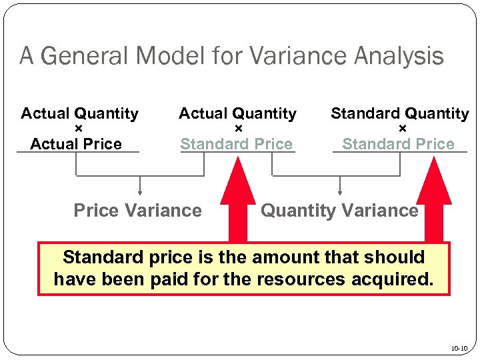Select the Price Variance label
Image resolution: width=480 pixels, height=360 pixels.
click(x=137, y=211)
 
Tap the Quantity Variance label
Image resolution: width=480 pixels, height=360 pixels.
click(x=339, y=211)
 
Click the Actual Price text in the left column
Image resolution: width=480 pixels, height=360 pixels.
click(x=76, y=144)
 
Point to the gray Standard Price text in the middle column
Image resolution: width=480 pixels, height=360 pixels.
click(x=237, y=144)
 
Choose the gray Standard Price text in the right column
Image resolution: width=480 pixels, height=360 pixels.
click(x=398, y=144)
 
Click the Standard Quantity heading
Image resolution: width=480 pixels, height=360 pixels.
click(x=400, y=114)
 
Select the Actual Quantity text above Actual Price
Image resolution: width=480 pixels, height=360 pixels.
click(x=80, y=114)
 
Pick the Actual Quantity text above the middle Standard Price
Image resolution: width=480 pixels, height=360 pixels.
click(x=237, y=114)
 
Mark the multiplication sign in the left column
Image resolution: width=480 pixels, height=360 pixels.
click(x=79, y=129)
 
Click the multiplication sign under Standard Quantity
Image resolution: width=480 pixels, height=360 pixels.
click(x=402, y=129)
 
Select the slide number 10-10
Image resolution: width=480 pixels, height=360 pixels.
click(x=459, y=348)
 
